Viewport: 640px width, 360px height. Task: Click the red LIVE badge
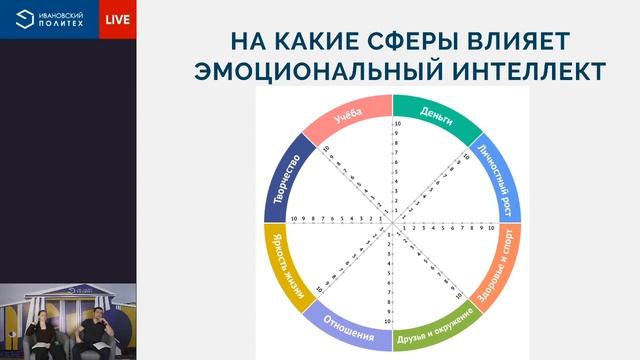(x=117, y=19)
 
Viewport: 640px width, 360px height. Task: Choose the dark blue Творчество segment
(x=285, y=175)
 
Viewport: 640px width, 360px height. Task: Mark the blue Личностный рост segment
(x=499, y=176)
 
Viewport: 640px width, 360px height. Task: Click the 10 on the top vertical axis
(x=397, y=125)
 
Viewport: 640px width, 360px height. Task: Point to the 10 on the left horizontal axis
(x=294, y=219)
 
